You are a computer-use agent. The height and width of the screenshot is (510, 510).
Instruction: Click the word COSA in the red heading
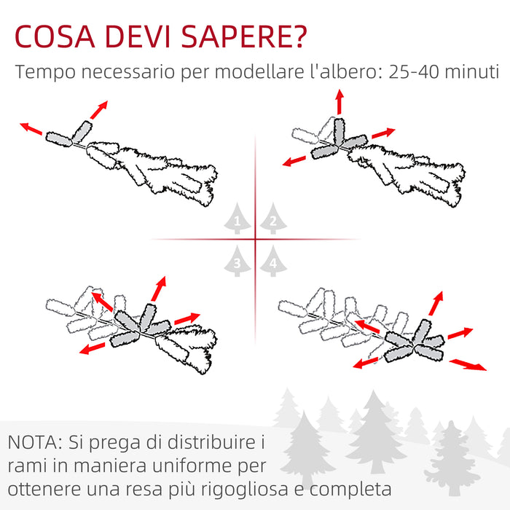pos(55,36)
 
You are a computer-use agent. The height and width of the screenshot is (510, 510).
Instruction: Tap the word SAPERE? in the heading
pos(244,36)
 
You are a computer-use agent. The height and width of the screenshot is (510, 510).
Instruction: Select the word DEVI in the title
pos(138,36)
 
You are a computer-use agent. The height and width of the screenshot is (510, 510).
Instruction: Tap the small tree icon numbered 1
pos(237,219)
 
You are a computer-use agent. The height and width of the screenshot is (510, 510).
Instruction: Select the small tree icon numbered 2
pos(273,219)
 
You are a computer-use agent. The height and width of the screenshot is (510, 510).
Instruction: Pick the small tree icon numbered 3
pos(237,261)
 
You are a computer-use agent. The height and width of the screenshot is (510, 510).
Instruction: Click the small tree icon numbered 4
pos(273,261)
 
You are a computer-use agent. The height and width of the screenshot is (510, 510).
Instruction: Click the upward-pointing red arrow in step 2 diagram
pos(340,102)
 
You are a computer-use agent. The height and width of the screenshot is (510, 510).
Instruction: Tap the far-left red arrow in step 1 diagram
pos(31,129)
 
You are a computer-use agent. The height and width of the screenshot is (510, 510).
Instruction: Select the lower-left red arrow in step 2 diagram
pos(294,161)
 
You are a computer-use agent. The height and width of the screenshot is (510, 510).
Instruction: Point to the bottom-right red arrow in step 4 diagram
pos(468,364)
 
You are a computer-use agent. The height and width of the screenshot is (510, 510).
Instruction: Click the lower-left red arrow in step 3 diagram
pos(93,348)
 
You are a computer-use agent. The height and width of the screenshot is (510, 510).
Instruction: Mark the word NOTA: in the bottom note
pos(35,442)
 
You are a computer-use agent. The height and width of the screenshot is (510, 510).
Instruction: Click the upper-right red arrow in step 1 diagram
pos(99,110)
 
